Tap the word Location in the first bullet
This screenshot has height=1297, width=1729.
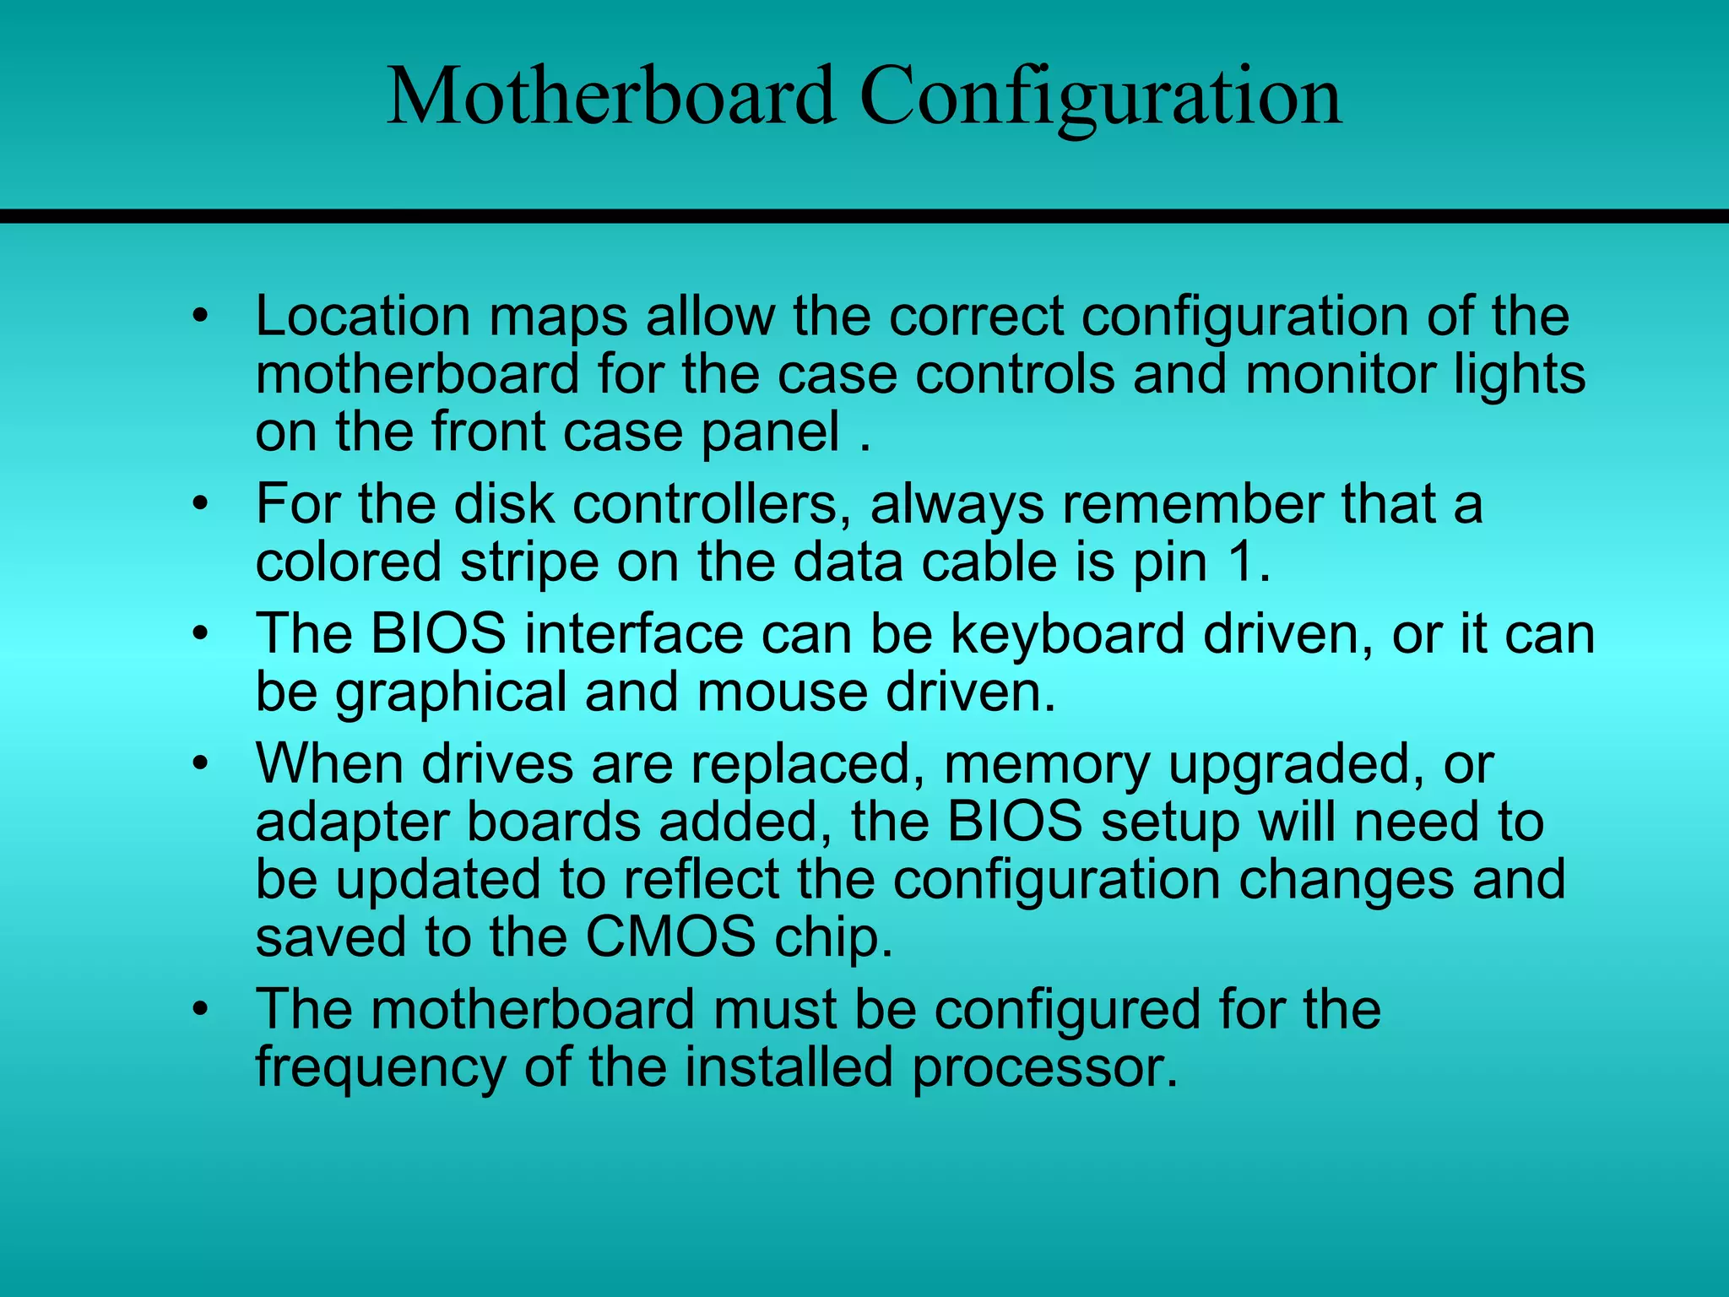pos(362,317)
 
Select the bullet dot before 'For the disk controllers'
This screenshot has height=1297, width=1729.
pos(199,505)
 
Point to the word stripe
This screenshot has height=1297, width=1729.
pos(528,564)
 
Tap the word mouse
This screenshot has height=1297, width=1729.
pos(782,692)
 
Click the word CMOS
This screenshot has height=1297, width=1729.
pos(670,936)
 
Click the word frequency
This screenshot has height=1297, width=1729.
pos(380,1069)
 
